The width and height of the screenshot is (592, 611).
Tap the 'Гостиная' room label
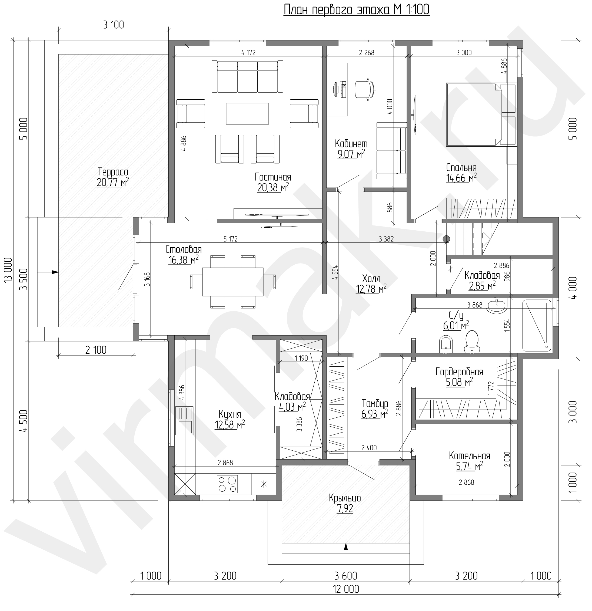point(273,177)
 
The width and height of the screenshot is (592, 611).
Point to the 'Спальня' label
point(461,168)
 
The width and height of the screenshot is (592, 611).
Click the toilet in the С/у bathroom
point(472,342)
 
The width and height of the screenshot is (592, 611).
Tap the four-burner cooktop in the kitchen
point(227,484)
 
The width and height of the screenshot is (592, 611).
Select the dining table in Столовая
point(232,282)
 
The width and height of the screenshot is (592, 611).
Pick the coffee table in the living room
point(247,113)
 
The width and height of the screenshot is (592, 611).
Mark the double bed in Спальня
point(474,114)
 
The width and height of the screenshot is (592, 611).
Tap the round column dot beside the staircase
point(446,239)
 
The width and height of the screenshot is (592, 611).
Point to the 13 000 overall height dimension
point(8,270)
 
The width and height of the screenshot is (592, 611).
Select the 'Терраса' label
point(113,172)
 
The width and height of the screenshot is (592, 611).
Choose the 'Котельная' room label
point(469,456)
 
